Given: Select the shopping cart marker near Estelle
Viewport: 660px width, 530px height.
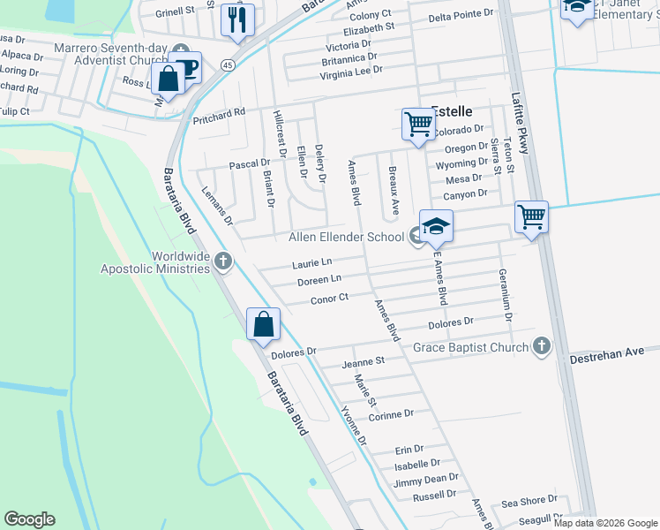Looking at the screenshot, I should click(417, 124).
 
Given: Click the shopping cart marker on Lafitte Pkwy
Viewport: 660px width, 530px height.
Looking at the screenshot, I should click(531, 216).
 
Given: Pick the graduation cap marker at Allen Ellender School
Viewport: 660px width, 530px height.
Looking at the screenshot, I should click(436, 227).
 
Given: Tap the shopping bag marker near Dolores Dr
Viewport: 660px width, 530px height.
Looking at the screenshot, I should click(263, 324).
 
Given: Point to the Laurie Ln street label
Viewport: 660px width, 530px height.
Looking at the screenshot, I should click(312, 263).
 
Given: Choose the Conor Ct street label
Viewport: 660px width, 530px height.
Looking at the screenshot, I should click(330, 299).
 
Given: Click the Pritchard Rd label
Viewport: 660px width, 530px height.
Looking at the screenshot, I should click(218, 115).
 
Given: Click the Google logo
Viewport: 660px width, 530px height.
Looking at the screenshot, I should click(30, 519).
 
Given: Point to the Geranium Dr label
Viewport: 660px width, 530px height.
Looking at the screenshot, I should click(506, 295).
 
